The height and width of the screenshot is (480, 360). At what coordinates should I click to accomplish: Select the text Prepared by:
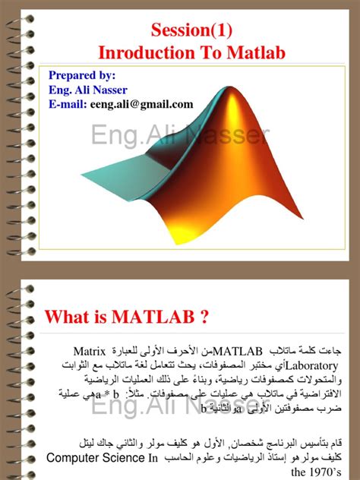82,75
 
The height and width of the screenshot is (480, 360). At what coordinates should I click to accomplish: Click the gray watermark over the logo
180,137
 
